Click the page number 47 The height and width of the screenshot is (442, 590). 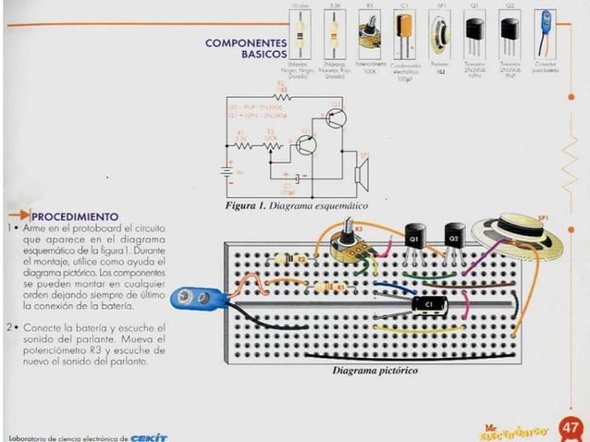(x=570, y=427)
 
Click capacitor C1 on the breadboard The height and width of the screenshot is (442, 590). (x=426, y=303)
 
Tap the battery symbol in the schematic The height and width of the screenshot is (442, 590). (x=225, y=171)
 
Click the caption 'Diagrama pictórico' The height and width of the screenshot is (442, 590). (x=375, y=371)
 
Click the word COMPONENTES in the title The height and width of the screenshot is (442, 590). (x=246, y=43)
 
